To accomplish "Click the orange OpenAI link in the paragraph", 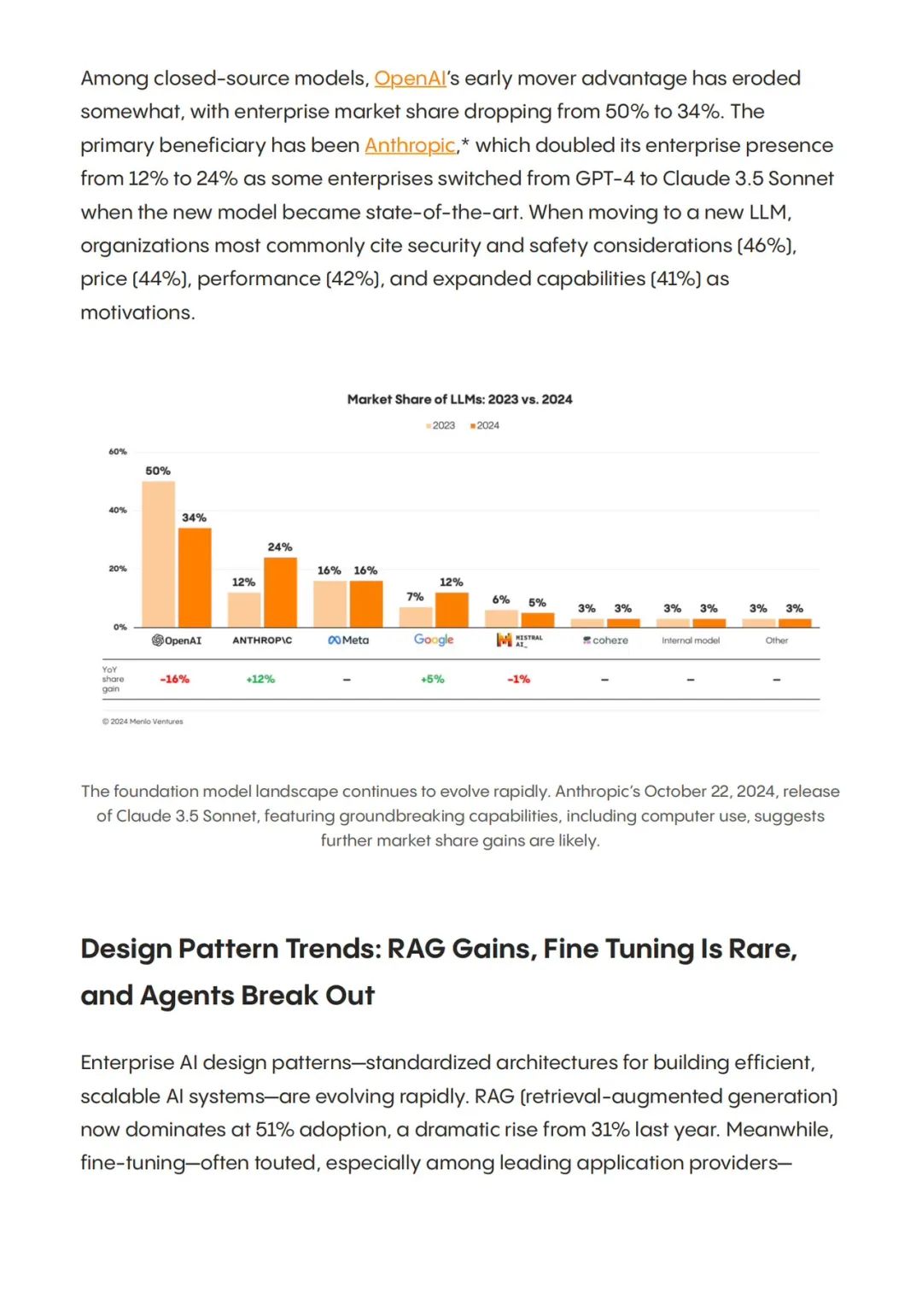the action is click(410, 78).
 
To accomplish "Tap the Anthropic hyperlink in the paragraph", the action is click(410, 145).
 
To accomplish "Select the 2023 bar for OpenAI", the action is click(158, 554).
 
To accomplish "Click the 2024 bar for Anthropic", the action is click(280, 592).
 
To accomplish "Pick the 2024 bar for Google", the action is click(452, 610).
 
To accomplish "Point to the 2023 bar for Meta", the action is click(330, 604).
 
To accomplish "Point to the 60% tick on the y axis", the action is click(118, 452).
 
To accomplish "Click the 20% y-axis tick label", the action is click(118, 569).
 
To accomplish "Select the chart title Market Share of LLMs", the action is click(460, 400).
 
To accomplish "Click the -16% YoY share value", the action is click(175, 680).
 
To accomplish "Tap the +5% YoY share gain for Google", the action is click(433, 680).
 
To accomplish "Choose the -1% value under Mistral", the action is click(519, 680).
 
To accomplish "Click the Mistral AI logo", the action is click(519, 640).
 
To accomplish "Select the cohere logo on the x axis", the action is click(605, 640).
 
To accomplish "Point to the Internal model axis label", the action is click(691, 640).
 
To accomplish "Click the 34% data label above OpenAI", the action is click(194, 518).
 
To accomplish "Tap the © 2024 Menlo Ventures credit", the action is click(143, 722).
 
